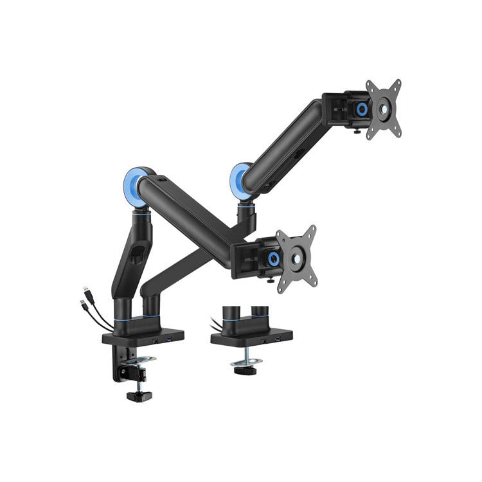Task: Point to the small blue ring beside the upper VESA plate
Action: click(x=362, y=110)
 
